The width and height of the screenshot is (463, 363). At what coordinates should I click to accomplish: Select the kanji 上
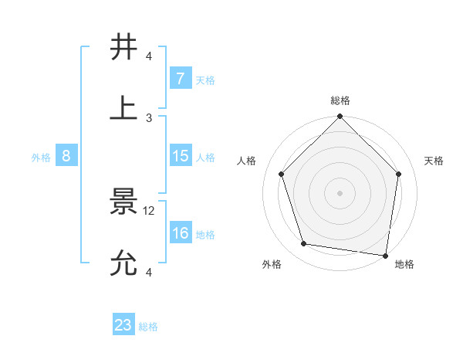[124, 107]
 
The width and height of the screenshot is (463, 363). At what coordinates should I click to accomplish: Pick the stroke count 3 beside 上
[149, 117]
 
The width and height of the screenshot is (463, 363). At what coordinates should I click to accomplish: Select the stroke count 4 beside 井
[149, 56]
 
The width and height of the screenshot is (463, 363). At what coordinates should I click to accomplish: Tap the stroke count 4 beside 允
[149, 272]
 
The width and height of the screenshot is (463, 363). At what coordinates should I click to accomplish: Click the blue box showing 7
[181, 79]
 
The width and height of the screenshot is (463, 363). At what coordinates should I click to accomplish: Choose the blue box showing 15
[181, 156]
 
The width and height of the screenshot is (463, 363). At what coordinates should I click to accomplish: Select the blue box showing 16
[181, 233]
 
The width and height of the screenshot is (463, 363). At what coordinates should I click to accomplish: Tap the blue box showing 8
[66, 156]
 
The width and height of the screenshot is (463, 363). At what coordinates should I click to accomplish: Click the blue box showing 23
[123, 325]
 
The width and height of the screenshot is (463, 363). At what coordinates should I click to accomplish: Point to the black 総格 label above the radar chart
[340, 100]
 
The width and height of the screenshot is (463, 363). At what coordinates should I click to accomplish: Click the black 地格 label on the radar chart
[404, 264]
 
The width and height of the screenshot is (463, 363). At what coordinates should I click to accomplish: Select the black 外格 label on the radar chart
[272, 264]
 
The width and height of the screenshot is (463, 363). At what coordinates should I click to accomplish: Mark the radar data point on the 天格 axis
[399, 174]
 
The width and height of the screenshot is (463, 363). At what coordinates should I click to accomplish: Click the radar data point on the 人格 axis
[282, 174]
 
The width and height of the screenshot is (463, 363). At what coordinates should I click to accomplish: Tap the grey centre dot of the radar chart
[340, 192]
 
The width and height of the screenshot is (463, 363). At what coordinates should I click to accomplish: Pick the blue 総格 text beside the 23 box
[148, 327]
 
